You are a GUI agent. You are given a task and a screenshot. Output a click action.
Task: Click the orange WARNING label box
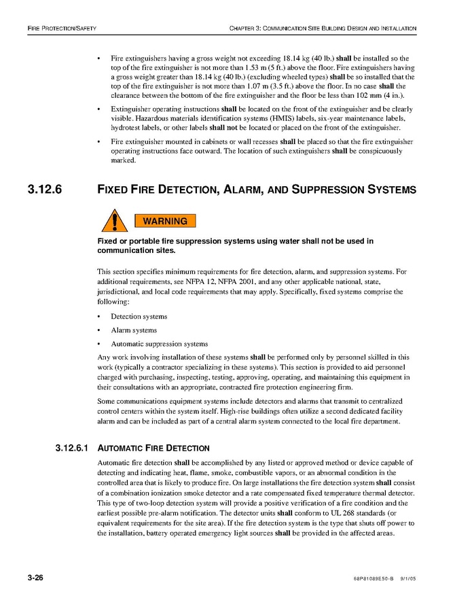(x=165, y=221)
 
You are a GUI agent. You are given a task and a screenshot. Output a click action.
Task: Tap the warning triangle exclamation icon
(x=115, y=222)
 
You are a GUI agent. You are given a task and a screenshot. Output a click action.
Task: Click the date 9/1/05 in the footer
(x=407, y=578)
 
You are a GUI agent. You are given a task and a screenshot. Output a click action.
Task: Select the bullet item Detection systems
(x=139, y=317)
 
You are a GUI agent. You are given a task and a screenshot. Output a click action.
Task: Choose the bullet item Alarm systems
(x=134, y=330)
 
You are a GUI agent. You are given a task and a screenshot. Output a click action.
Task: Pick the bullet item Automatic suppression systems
(x=159, y=344)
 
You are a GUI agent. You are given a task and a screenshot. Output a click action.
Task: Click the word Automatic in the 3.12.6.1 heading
(x=121, y=449)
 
